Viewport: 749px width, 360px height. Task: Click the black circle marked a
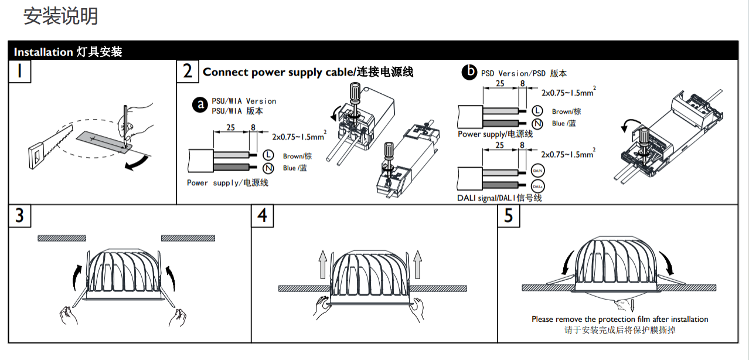pyautogui.click(x=201, y=105)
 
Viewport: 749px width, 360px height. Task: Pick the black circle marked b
pyautogui.click(x=469, y=72)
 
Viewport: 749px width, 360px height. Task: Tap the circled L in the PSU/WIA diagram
pyautogui.click(x=268, y=155)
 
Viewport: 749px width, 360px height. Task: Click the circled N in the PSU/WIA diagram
pyautogui.click(x=268, y=168)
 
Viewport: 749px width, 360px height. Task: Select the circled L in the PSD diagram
pyautogui.click(x=537, y=110)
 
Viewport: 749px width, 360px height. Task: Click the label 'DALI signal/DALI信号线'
pyautogui.click(x=499, y=198)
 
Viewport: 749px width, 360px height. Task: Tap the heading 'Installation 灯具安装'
pyautogui.click(x=68, y=52)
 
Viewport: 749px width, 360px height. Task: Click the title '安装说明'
pyautogui.click(x=60, y=16)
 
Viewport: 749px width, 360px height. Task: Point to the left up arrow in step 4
pyautogui.click(x=322, y=265)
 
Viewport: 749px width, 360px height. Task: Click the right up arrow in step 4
pyautogui.click(x=417, y=265)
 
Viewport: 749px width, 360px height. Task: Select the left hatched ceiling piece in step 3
pyautogui.click(x=62, y=238)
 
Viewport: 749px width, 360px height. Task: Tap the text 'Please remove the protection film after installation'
pyautogui.click(x=619, y=319)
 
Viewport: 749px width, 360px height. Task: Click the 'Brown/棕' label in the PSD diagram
pyautogui.click(x=566, y=111)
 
